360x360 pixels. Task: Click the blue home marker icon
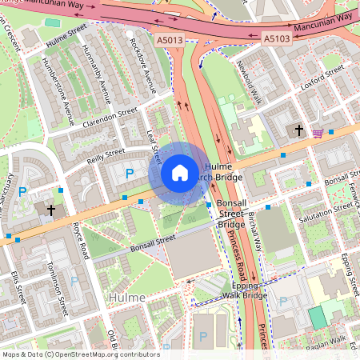coord(179,173)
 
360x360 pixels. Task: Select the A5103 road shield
coord(277,38)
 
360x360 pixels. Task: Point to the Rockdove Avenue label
coord(143,59)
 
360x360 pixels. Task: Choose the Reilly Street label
coord(106,153)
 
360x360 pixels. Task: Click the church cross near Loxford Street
coord(299,130)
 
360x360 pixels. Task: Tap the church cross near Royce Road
coord(50,210)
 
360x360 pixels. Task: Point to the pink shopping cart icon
coord(318,133)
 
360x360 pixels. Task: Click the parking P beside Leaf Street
coord(129,174)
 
